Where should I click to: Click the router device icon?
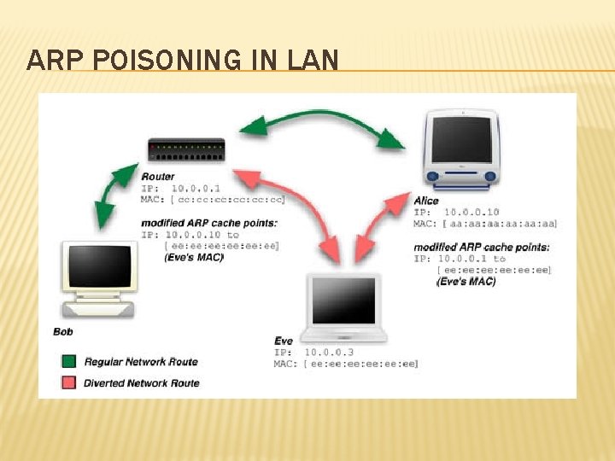186,151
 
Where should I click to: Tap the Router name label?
158,177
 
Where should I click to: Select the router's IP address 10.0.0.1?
195,188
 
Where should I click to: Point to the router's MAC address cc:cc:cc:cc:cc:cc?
227,199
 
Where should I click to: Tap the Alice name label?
426,201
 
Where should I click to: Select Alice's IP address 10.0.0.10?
471,212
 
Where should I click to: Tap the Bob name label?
62,330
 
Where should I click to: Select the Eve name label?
284,341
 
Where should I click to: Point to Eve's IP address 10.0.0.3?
328,352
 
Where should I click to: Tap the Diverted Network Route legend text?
141,383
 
